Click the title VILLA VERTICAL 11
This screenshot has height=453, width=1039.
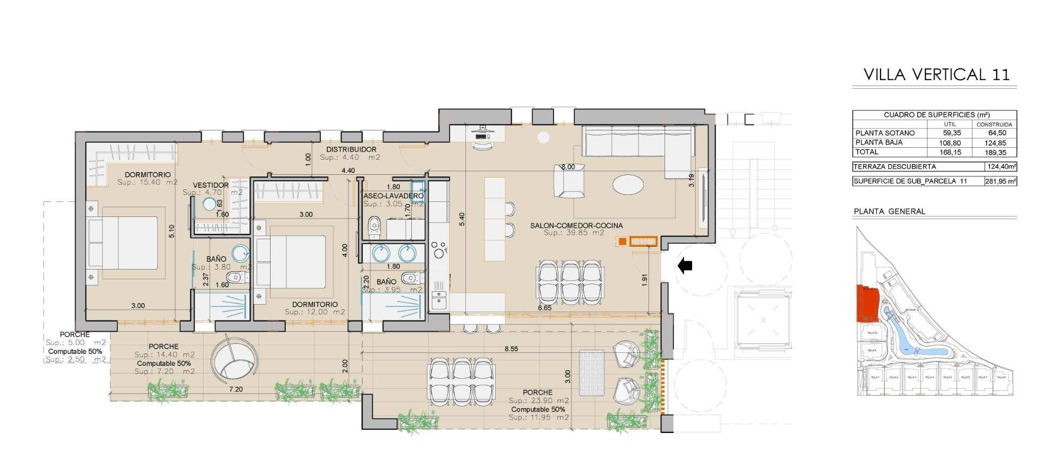click(936, 75)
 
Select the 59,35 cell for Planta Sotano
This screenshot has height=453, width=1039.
click(951, 133)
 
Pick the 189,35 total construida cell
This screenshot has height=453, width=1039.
click(996, 153)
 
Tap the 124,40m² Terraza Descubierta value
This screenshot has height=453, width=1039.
click(1001, 167)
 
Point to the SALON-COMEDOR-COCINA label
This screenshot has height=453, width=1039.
click(576, 226)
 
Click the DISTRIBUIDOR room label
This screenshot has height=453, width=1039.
click(351, 149)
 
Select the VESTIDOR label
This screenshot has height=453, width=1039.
click(211, 186)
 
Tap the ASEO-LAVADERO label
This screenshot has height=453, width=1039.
click(393, 196)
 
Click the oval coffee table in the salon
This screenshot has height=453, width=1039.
click(628, 185)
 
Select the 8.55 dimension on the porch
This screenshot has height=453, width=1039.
click(511, 349)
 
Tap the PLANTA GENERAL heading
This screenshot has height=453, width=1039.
click(889, 212)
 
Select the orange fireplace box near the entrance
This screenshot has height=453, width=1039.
click(643, 241)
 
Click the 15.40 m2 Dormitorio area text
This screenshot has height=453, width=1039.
click(147, 182)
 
